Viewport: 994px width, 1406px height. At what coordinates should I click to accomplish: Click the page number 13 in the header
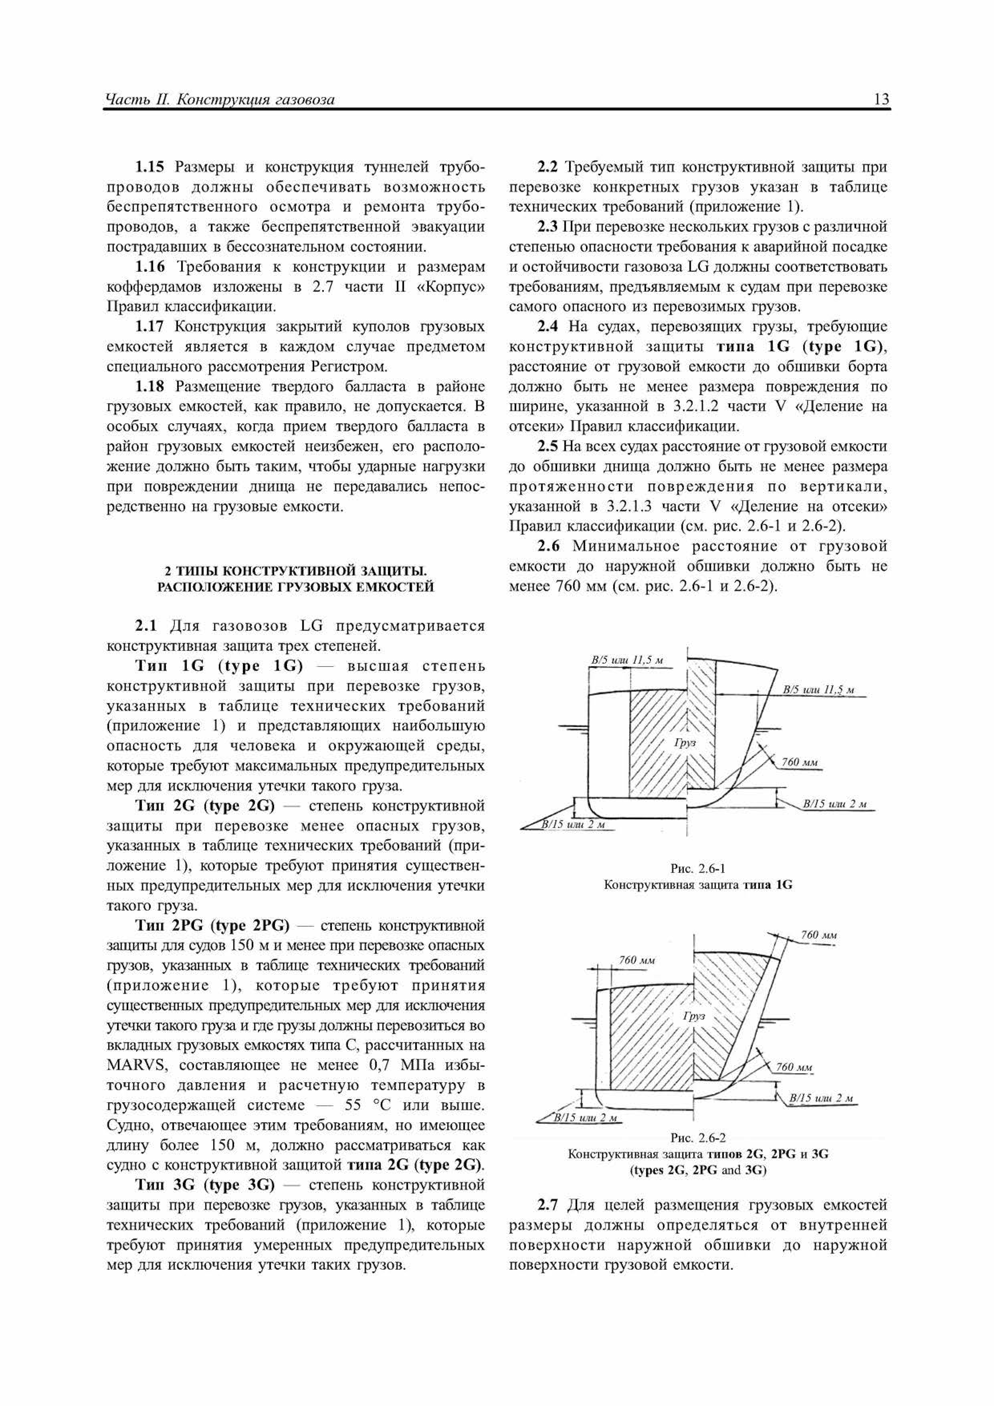click(x=881, y=99)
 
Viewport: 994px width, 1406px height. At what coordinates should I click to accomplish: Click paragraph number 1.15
click(x=150, y=167)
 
